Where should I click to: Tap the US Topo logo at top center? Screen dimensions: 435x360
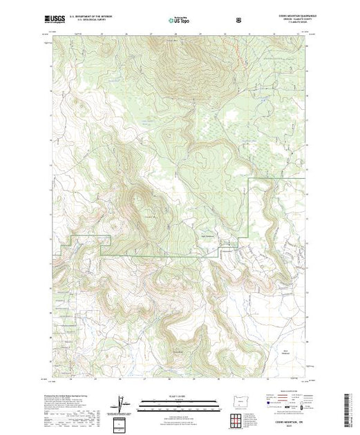tap(178, 20)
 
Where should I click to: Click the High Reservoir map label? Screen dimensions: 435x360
tap(205, 232)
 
